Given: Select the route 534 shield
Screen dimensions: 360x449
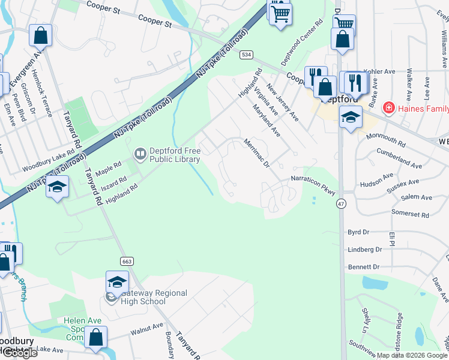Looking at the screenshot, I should click(x=246, y=55).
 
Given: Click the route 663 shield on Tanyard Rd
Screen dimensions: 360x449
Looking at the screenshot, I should click(x=126, y=262).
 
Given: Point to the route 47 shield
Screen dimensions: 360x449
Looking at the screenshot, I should click(x=341, y=204).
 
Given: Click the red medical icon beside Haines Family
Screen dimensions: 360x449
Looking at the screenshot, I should click(x=389, y=109).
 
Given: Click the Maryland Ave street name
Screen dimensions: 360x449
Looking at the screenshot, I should click(x=267, y=121).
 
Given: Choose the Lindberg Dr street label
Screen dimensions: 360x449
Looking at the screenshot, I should click(x=365, y=249).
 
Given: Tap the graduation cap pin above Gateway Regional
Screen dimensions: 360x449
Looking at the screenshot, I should click(x=117, y=281).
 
